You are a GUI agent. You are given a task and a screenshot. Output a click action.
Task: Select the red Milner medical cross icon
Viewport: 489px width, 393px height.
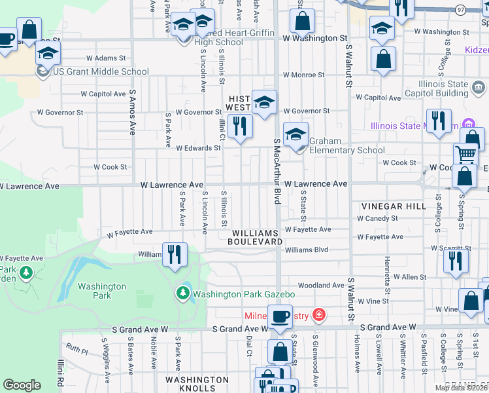pyautogui.click(x=318, y=316)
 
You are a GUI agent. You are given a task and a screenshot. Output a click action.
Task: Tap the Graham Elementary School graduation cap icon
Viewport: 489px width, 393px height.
pyautogui.click(x=296, y=135)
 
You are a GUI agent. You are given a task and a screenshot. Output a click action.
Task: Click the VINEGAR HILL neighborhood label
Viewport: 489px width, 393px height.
pyautogui.click(x=390, y=206)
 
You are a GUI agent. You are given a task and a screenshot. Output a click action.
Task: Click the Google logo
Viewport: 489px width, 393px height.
pyautogui.click(x=22, y=385)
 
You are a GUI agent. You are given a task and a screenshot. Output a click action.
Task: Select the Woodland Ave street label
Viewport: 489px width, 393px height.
pyautogui.click(x=320, y=286)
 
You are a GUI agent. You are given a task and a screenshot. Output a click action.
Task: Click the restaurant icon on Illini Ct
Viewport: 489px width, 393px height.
pyautogui.click(x=240, y=124)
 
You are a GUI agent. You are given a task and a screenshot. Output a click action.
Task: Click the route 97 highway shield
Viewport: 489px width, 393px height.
pyautogui.click(x=461, y=9)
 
